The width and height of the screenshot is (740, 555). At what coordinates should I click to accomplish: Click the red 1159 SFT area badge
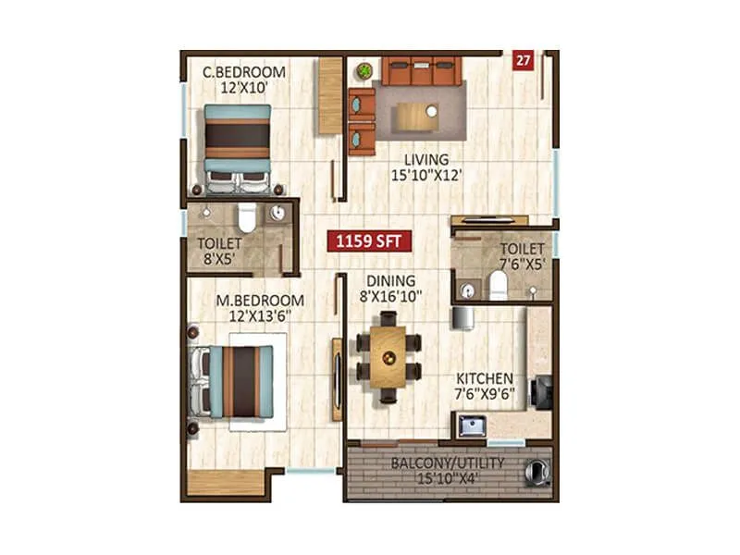click(368, 243)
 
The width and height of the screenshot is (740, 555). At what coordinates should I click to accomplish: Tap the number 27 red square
click(524, 62)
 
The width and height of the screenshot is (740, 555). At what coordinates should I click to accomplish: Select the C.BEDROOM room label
click(244, 72)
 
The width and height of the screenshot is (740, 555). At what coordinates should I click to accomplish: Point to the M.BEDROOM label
click(260, 301)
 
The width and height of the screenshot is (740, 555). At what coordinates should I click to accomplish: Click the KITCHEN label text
click(485, 378)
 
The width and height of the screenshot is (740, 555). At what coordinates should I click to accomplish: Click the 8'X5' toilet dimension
click(219, 260)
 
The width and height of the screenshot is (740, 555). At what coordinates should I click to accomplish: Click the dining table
click(388, 355)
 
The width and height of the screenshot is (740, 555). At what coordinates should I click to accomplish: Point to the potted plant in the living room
click(364, 70)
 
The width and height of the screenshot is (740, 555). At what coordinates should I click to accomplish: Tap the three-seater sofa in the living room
click(421, 70)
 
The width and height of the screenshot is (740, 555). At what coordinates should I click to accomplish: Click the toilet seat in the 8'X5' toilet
click(247, 218)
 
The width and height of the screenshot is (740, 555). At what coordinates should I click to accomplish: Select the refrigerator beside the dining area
click(463, 317)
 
